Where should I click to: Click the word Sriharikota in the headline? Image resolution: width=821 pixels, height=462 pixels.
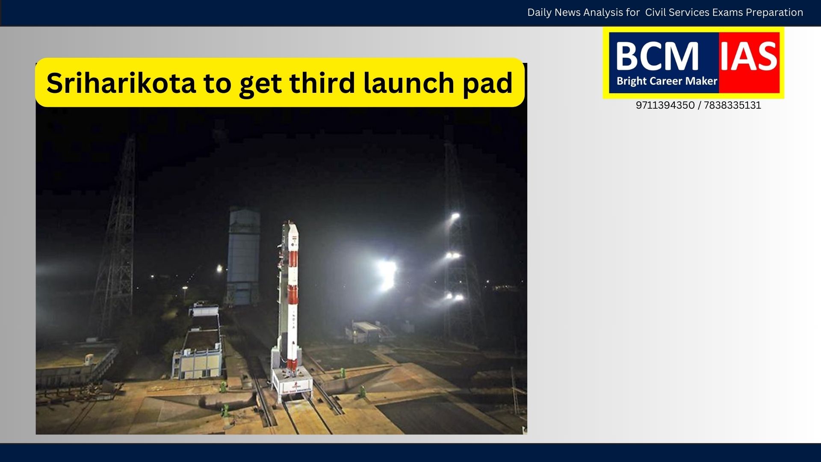[x=121, y=83]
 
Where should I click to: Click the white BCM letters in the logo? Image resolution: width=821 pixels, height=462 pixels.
[x=657, y=56]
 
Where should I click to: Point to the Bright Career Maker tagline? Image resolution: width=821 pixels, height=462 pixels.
[x=667, y=81]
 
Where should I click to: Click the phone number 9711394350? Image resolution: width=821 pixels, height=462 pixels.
[x=665, y=105]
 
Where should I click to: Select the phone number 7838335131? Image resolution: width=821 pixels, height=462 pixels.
[x=732, y=105]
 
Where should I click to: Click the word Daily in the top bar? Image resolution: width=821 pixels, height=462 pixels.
[x=539, y=13]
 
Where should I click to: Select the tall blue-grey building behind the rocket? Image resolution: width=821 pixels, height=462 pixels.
[x=243, y=256]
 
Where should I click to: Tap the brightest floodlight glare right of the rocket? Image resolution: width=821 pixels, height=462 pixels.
[x=387, y=274]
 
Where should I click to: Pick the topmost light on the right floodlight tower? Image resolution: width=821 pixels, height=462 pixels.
[x=455, y=216]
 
